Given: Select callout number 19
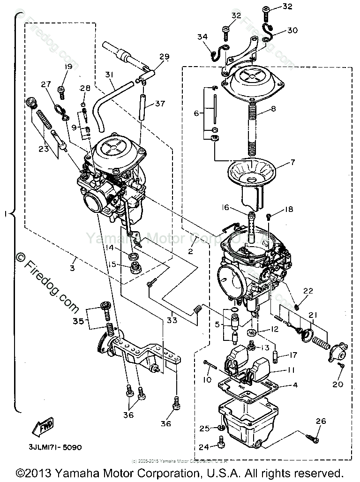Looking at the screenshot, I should point(68,67).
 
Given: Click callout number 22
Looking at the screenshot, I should point(307,291).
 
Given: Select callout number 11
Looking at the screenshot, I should point(292,370).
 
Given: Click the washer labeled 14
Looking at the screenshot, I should point(134,256).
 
